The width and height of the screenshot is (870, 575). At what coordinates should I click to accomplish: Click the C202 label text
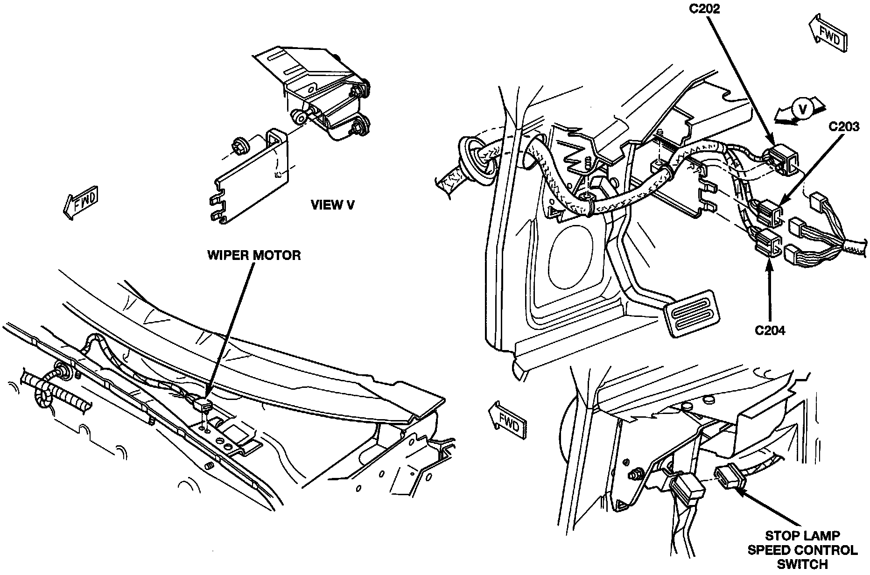click(705, 8)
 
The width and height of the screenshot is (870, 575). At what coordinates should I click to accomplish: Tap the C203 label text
click(844, 126)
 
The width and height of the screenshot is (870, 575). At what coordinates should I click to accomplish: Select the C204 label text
click(770, 330)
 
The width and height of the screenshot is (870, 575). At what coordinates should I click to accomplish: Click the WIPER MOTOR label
click(254, 255)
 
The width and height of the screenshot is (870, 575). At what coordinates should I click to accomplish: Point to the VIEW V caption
click(332, 205)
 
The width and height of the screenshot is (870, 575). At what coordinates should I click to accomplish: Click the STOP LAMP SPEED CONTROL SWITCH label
click(802, 550)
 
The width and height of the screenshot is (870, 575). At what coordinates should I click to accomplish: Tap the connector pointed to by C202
click(781, 160)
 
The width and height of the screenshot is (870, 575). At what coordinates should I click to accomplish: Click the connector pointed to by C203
click(768, 212)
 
